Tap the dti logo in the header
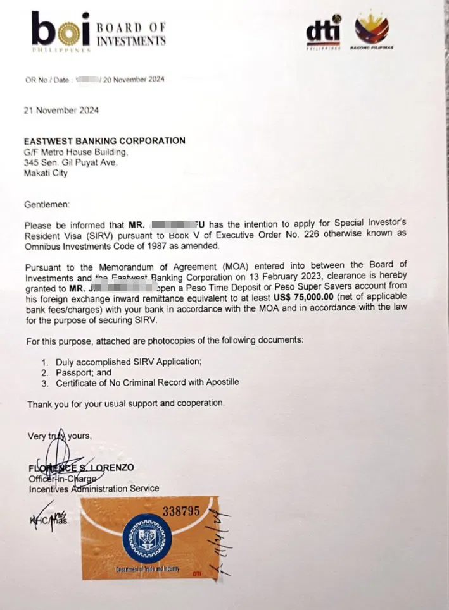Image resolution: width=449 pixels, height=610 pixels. (x=323, y=32)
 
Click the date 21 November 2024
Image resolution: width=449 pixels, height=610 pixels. (x=61, y=110)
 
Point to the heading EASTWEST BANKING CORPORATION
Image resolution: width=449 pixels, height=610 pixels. (x=104, y=141)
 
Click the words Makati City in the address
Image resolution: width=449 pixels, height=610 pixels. (x=46, y=173)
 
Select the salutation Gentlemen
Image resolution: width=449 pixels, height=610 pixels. (x=47, y=204)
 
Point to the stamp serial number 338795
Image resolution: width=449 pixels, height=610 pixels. (x=181, y=511)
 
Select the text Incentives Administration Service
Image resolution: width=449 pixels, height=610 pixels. (x=93, y=488)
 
